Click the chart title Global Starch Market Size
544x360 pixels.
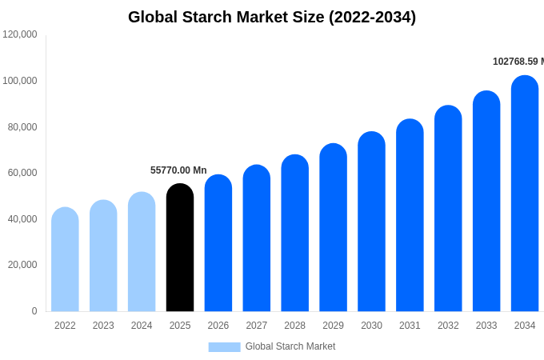coord(272,17)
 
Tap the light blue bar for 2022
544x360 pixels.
coord(65,260)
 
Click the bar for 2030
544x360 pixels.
coord(371,222)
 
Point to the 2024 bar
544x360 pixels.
coord(142,252)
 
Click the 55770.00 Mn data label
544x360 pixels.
coord(178,170)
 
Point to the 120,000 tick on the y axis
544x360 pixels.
coord(20,34)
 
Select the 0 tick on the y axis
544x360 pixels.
coord(34,311)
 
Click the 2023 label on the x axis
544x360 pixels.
coord(103,326)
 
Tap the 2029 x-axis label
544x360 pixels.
coord(333,326)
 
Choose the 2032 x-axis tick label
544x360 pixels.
coord(448,326)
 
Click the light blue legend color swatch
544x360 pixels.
coord(224,347)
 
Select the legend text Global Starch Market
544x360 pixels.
coord(290,346)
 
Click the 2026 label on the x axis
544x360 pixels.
coord(218,326)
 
